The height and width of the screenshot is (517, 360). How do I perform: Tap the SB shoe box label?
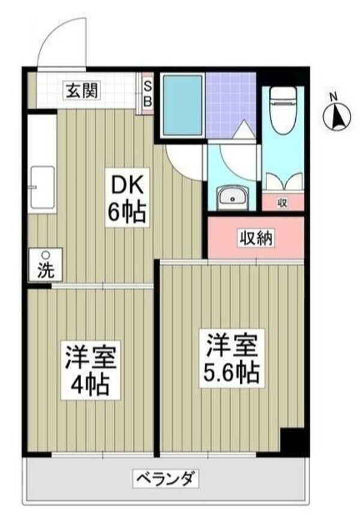coord(146,92)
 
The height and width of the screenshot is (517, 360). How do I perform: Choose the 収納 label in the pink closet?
coord(257,238)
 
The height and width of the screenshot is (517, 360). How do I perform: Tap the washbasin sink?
coord(232,197)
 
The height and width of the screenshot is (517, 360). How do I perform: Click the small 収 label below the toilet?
coord(283,202)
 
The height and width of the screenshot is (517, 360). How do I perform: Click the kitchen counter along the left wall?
coord(41,162)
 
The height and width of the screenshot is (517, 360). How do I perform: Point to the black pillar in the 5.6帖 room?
coord(293,441)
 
